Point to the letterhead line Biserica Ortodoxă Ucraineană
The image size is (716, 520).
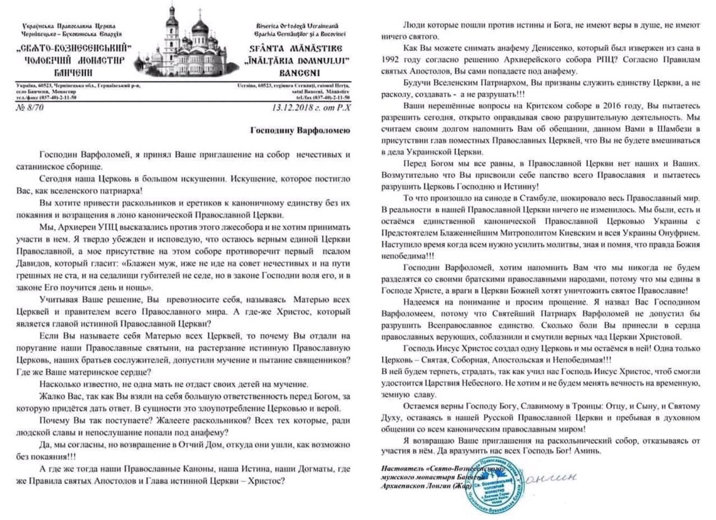(298, 26)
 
